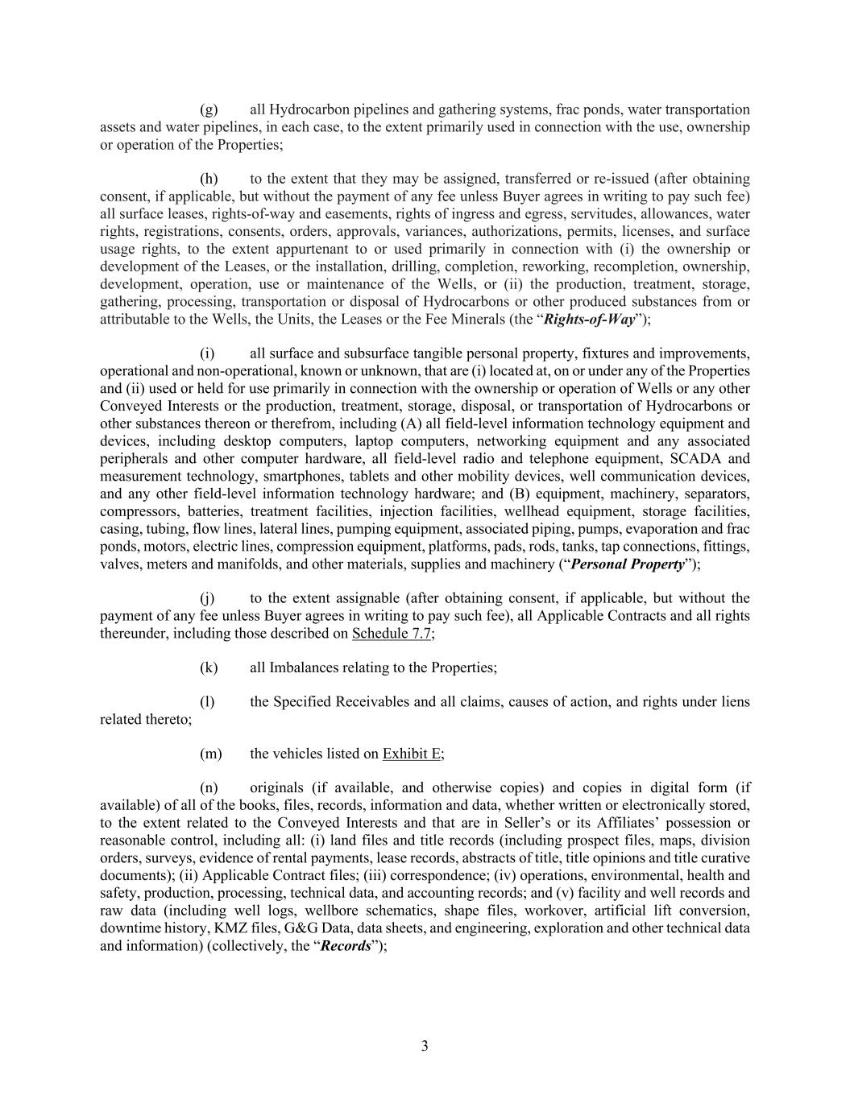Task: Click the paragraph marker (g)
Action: tap(209, 109)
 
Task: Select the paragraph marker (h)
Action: tap(209, 179)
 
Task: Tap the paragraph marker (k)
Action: tap(209, 667)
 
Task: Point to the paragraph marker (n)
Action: tap(209, 788)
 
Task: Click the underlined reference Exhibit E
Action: tap(412, 754)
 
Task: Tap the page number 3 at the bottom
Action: tap(425, 1047)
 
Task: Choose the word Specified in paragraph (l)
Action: tap(312, 702)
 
